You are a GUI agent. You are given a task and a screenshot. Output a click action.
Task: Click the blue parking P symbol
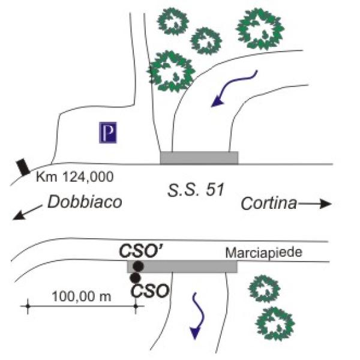pyautogui.click(x=108, y=133)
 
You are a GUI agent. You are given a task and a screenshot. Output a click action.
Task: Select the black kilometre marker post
pyautogui.click(x=23, y=166)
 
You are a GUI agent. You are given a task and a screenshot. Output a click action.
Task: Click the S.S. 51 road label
pyautogui.click(x=195, y=191)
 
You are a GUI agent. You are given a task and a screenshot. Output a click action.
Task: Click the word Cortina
pyautogui.click(x=269, y=204)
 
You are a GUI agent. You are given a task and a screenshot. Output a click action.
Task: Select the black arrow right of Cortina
pyautogui.click(x=316, y=204)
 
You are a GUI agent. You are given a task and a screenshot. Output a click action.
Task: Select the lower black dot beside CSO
pyautogui.click(x=135, y=278)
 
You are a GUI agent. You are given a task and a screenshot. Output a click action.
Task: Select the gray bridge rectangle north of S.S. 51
pyautogui.click(x=199, y=157)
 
